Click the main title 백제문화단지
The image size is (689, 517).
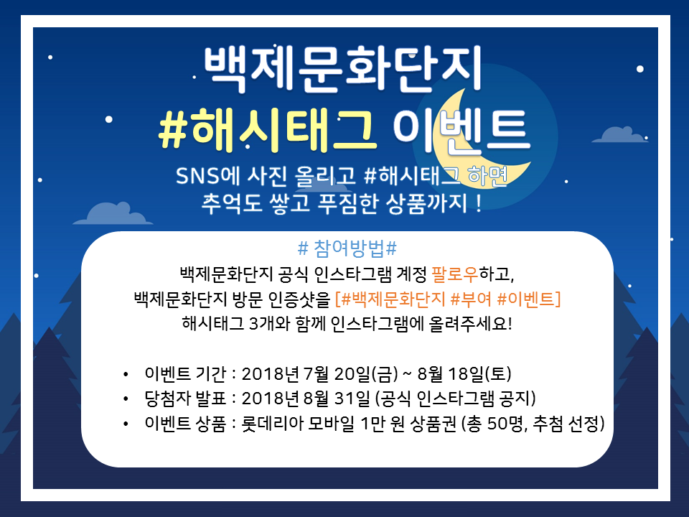(343, 69)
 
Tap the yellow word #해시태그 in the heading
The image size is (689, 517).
(268, 129)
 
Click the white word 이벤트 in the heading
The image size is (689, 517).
(461, 130)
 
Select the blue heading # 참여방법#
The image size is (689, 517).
(347, 248)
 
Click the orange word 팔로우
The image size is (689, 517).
(455, 274)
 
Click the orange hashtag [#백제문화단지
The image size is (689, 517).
(390, 299)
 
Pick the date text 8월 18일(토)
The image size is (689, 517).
(464, 373)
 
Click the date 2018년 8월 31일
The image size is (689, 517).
(306, 399)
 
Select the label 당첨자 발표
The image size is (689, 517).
(185, 399)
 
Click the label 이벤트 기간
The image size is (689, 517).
(185, 373)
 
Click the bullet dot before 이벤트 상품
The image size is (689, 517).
(126, 424)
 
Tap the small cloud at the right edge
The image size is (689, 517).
(620, 134)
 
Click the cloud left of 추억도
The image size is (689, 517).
(113, 214)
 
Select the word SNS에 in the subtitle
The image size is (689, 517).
(207, 176)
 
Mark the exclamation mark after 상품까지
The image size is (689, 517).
(479, 203)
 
